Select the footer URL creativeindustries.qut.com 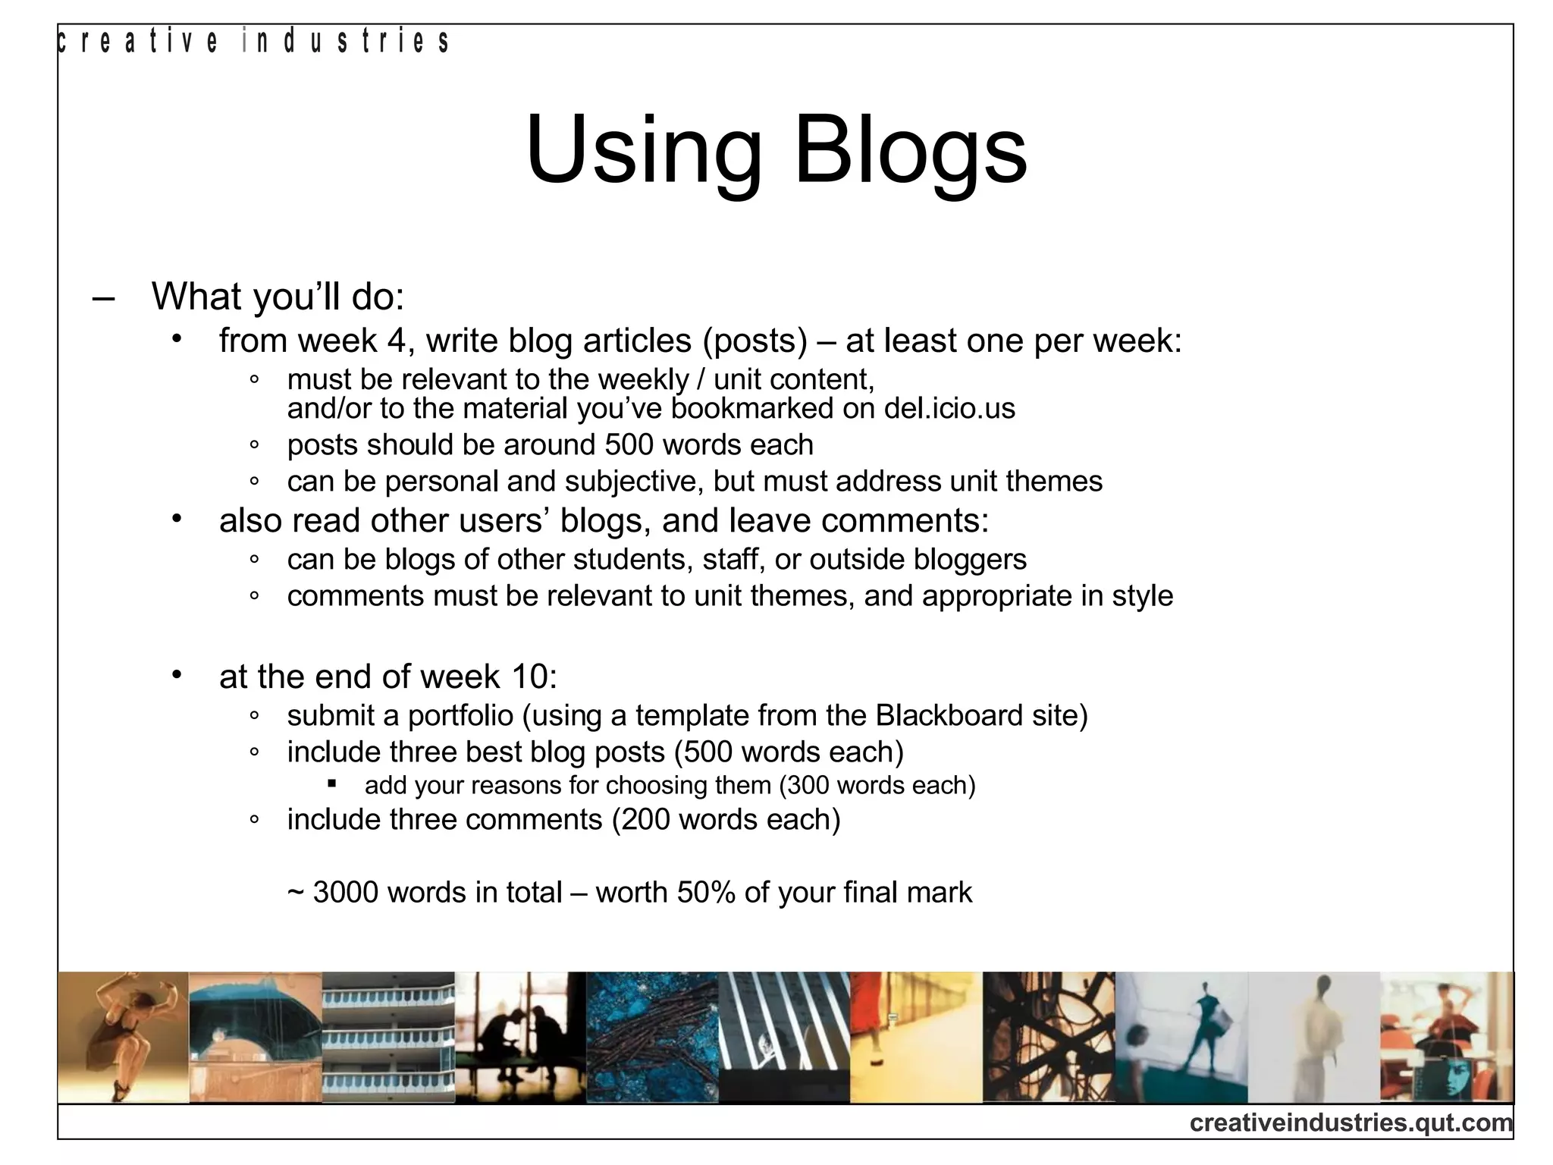point(1351,1122)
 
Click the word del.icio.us point(949,409)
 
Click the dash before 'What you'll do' point(103,297)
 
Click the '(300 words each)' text point(877,785)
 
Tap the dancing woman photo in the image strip point(124,1037)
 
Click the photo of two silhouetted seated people point(520,1037)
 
